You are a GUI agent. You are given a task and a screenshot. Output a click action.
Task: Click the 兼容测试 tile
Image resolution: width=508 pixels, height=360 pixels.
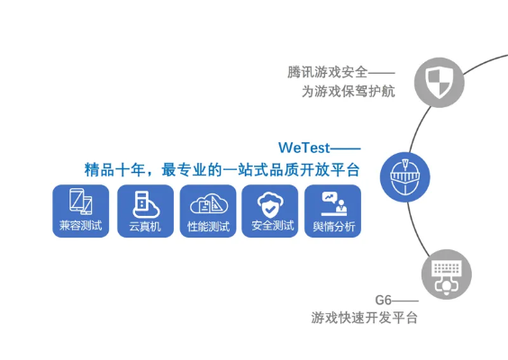click(x=81, y=211)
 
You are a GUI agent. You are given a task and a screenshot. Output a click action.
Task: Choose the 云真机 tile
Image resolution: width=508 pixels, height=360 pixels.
click(x=144, y=211)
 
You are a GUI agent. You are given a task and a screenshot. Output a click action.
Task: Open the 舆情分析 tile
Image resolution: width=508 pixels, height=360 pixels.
click(x=333, y=211)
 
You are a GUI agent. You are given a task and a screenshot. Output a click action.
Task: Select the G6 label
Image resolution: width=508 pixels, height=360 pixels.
click(x=384, y=299)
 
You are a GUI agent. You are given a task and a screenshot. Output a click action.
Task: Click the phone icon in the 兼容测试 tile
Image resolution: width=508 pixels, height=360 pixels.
click(x=81, y=202)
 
